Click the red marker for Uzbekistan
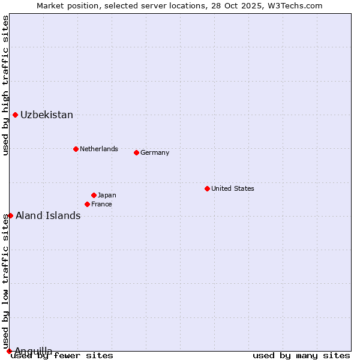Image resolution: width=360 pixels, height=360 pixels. click(x=15, y=115)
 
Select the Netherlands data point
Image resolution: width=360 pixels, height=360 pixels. click(x=76, y=149)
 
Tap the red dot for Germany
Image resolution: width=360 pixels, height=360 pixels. click(x=136, y=152)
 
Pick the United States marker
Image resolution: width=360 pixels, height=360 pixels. click(x=207, y=188)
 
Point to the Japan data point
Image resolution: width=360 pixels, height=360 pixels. click(x=94, y=195)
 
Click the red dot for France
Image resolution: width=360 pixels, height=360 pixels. click(x=87, y=204)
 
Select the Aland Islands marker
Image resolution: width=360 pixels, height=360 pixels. click(x=10, y=215)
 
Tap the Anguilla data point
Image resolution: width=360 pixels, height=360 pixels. click(x=9, y=351)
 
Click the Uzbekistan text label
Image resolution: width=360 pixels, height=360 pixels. click(x=47, y=115)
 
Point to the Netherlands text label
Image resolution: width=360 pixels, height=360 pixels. click(x=99, y=149)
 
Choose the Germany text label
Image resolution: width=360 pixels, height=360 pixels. click(x=155, y=152)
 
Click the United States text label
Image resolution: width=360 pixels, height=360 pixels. click(x=233, y=188)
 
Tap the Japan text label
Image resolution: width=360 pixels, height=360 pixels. click(x=107, y=195)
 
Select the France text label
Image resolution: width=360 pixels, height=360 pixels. click(x=101, y=204)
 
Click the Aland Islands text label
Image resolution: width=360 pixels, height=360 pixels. click(x=48, y=216)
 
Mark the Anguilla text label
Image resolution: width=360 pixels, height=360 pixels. click(x=34, y=351)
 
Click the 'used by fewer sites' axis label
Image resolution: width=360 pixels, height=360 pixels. click(x=62, y=356)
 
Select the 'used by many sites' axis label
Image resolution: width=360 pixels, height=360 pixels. click(x=301, y=356)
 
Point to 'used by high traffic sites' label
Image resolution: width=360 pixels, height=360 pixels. click(x=5, y=85)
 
